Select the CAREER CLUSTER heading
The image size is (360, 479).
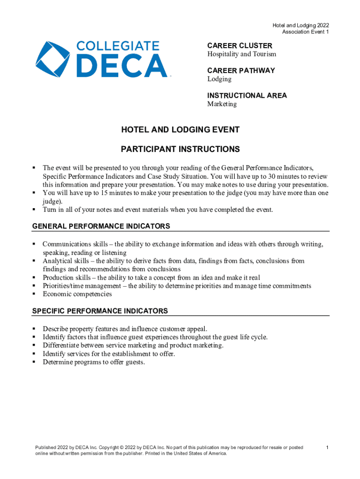(239, 46)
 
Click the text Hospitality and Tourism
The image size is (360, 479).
(242, 54)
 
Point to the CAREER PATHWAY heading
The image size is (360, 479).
(241, 71)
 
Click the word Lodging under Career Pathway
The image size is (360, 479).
(219, 79)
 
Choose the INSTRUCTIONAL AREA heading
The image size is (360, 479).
(247, 95)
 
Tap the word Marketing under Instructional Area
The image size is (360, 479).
(222, 104)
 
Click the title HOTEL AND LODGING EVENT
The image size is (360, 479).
(180, 130)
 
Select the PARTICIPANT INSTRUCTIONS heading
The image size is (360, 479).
(180, 149)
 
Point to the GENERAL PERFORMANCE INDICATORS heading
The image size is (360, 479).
(101, 226)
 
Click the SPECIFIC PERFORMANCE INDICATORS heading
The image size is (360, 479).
(100, 311)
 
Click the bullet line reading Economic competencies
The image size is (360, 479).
(77, 294)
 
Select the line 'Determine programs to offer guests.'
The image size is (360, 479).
(94, 362)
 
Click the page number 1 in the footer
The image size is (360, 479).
(327, 448)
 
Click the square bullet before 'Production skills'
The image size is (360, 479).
(34, 278)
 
